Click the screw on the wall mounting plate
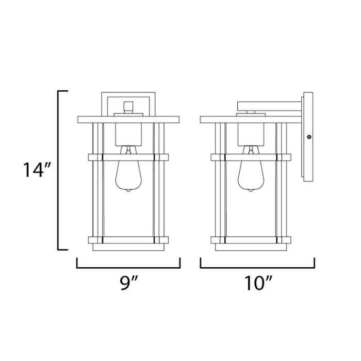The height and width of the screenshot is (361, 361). point(309,137)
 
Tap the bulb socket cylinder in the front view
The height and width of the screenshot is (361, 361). point(128,134)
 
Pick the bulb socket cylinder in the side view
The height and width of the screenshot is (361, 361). point(251,134)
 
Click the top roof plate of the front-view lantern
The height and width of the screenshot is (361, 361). point(128,120)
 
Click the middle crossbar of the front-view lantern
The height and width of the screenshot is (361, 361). point(128,156)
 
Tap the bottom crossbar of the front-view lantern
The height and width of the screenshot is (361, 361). point(128,240)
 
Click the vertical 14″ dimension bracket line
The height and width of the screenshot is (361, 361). point(58,170)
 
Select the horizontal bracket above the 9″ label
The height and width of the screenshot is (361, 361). point(128,268)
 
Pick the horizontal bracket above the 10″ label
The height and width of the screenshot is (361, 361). point(257,268)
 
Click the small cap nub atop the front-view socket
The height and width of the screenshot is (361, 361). point(128,107)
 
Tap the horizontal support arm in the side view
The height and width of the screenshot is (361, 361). point(268,106)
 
